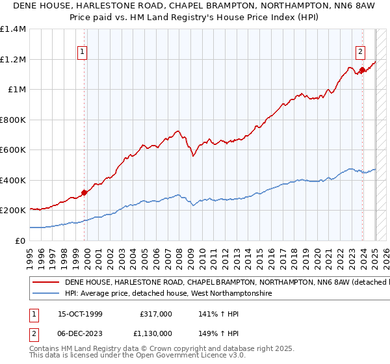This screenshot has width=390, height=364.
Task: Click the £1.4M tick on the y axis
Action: pos(14,29)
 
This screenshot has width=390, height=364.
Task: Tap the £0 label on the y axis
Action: pos(21,241)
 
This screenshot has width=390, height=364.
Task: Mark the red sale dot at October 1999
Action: pos(84,192)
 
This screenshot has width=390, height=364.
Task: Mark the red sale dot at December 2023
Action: pos(362,69)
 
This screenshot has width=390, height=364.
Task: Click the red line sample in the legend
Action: pos(47,283)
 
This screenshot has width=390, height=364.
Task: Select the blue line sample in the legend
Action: pos(47,294)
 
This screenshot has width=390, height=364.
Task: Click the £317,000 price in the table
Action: pos(156,313)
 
